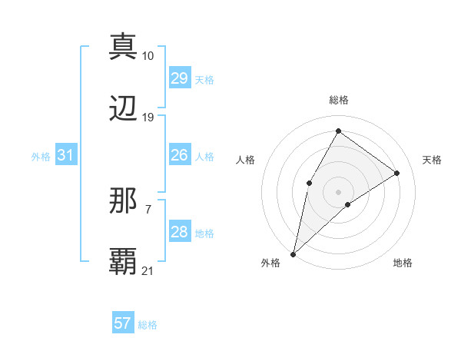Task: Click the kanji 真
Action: [124, 45]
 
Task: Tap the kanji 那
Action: [124, 201]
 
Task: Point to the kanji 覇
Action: [124, 261]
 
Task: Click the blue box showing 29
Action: [179, 78]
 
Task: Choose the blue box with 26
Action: [179, 155]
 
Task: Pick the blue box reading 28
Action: [179, 232]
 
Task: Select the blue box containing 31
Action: [65, 155]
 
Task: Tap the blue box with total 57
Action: [123, 323]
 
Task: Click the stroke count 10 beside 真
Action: [148, 56]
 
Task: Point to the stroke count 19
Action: [148, 118]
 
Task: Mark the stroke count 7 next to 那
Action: [148, 209]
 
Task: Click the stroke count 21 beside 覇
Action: [148, 270]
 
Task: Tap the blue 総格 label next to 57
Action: [148, 325]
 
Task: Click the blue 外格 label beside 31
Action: [41, 157]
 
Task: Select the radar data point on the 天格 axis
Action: [397, 174]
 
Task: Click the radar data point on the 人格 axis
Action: [309, 183]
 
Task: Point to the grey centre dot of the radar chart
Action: [338, 191]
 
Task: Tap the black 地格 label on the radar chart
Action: [403, 263]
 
